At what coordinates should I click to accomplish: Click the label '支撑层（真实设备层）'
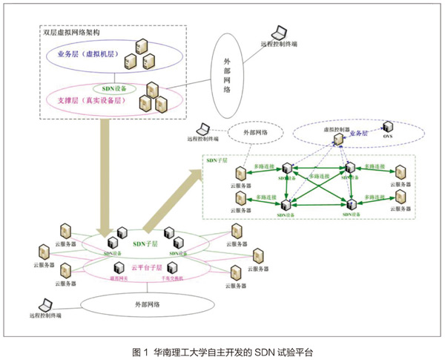click(x=85, y=98)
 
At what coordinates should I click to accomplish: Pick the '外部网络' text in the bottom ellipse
click(x=148, y=303)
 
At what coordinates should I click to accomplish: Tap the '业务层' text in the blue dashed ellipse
click(x=358, y=134)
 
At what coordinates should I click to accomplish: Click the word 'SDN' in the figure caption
click(x=259, y=350)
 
